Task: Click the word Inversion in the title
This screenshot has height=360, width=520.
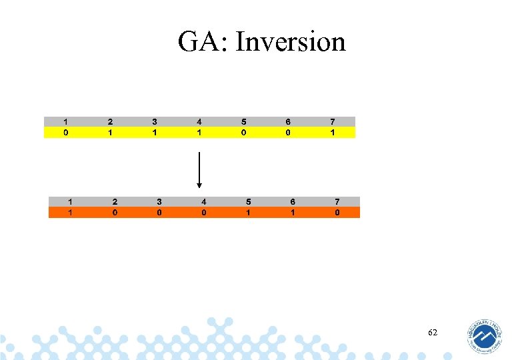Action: [x=291, y=42]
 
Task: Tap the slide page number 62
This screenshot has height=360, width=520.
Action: [x=433, y=332]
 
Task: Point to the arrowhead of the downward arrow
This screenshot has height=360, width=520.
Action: [x=199, y=185]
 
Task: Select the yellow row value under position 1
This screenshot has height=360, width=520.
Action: [x=65, y=133]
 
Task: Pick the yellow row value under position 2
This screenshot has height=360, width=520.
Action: [x=110, y=133]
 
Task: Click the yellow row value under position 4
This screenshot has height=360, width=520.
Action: [x=199, y=133]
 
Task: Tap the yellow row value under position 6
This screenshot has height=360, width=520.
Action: [x=288, y=133]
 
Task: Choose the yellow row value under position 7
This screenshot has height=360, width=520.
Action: [x=333, y=133]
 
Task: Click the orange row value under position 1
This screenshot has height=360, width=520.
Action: [x=70, y=213]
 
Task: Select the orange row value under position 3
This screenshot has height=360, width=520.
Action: [x=159, y=213]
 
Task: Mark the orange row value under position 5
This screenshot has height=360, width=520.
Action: [x=248, y=213]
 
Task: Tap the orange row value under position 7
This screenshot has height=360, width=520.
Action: [x=337, y=213]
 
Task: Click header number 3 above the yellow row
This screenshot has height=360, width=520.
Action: [x=155, y=122]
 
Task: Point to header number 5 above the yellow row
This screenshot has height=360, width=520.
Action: [x=244, y=122]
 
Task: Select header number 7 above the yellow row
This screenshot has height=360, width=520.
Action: [x=333, y=122]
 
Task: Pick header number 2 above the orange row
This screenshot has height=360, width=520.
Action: [x=115, y=201]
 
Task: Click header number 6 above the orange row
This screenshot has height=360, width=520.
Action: [x=293, y=201]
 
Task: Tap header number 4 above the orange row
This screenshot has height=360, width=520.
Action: [x=204, y=201]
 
